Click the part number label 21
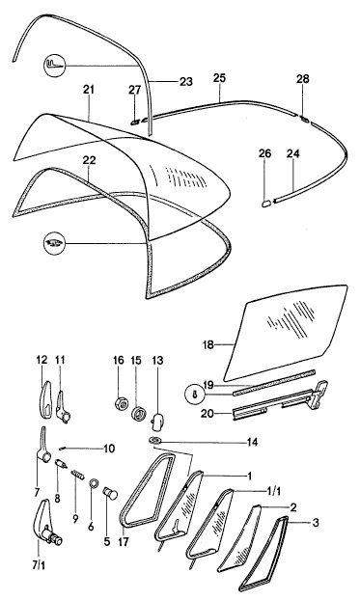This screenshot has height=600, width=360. pyautogui.click(x=89, y=90)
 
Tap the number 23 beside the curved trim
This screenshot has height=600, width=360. pyautogui.click(x=185, y=81)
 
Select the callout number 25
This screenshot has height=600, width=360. pyautogui.click(x=219, y=78)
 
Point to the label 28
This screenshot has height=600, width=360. pyautogui.click(x=302, y=79)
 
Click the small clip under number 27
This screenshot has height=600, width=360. pyautogui.click(x=135, y=123)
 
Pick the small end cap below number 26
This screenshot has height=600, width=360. pyautogui.click(x=266, y=203)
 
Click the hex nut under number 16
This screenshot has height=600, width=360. pyautogui.click(x=119, y=403)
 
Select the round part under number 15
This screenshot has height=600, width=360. pyautogui.click(x=137, y=415)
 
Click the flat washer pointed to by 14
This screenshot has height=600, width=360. pyautogui.click(x=155, y=441)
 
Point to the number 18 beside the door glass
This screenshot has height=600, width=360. pyautogui.click(x=208, y=344)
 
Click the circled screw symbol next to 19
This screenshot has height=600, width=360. pyautogui.click(x=195, y=395)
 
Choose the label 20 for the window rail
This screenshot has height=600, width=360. pyautogui.click(x=208, y=413)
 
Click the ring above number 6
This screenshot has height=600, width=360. pyautogui.click(x=94, y=484)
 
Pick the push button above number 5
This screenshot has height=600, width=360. pyautogui.click(x=111, y=492)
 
